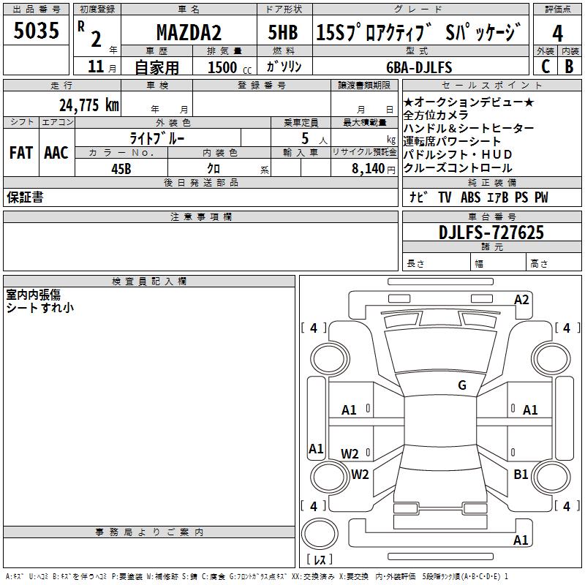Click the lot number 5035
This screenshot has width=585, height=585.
(36, 30)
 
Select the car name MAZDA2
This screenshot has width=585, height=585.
(189, 32)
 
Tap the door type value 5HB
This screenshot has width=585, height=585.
(283, 32)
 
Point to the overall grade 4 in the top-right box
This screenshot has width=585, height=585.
(557, 33)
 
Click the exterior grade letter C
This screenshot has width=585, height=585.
(546, 67)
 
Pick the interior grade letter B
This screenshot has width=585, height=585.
(569, 67)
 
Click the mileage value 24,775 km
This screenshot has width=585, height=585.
(88, 105)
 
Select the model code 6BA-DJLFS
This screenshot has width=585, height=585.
(419, 67)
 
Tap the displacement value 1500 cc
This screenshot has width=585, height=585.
(230, 67)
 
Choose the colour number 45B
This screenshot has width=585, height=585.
(121, 169)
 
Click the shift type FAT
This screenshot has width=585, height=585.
(21, 153)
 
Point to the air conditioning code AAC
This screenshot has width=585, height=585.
(56, 153)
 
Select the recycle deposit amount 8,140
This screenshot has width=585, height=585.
(368, 168)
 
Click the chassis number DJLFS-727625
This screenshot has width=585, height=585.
(491, 233)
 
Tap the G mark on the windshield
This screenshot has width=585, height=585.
(462, 385)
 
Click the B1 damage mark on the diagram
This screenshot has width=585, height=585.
(521, 474)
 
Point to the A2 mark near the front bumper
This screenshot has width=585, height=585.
(521, 300)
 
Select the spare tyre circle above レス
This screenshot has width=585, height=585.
(320, 534)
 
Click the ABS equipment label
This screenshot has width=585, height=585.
(470, 197)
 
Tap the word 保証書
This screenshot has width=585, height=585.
(25, 197)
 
